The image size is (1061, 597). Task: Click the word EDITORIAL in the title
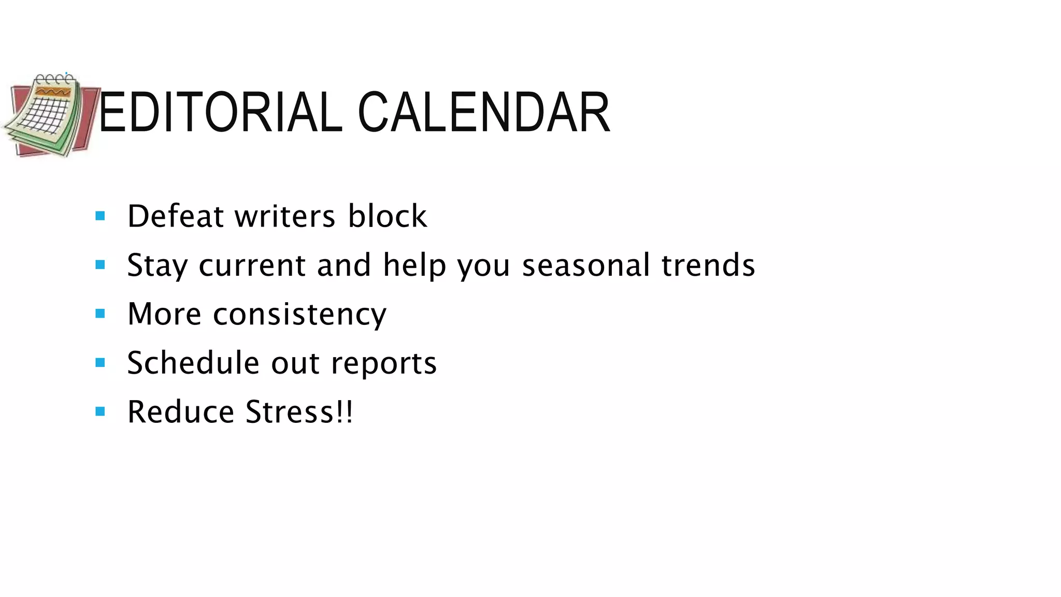220,112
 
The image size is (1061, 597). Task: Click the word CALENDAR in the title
483,112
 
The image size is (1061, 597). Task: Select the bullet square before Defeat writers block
101,216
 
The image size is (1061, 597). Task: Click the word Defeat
175,216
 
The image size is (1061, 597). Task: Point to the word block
387,216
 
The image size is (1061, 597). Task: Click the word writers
285,216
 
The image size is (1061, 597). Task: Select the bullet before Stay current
101,265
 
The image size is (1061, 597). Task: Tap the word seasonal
585,265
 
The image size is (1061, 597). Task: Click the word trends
708,265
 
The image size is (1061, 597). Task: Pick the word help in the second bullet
414,265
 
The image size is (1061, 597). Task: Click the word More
164,314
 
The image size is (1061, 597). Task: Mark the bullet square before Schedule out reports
101,363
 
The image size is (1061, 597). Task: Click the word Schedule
193,363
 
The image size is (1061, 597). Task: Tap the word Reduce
181,412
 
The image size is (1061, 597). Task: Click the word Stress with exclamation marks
299,412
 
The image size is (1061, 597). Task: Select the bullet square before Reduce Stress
101,412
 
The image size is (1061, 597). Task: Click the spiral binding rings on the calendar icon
54,79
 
